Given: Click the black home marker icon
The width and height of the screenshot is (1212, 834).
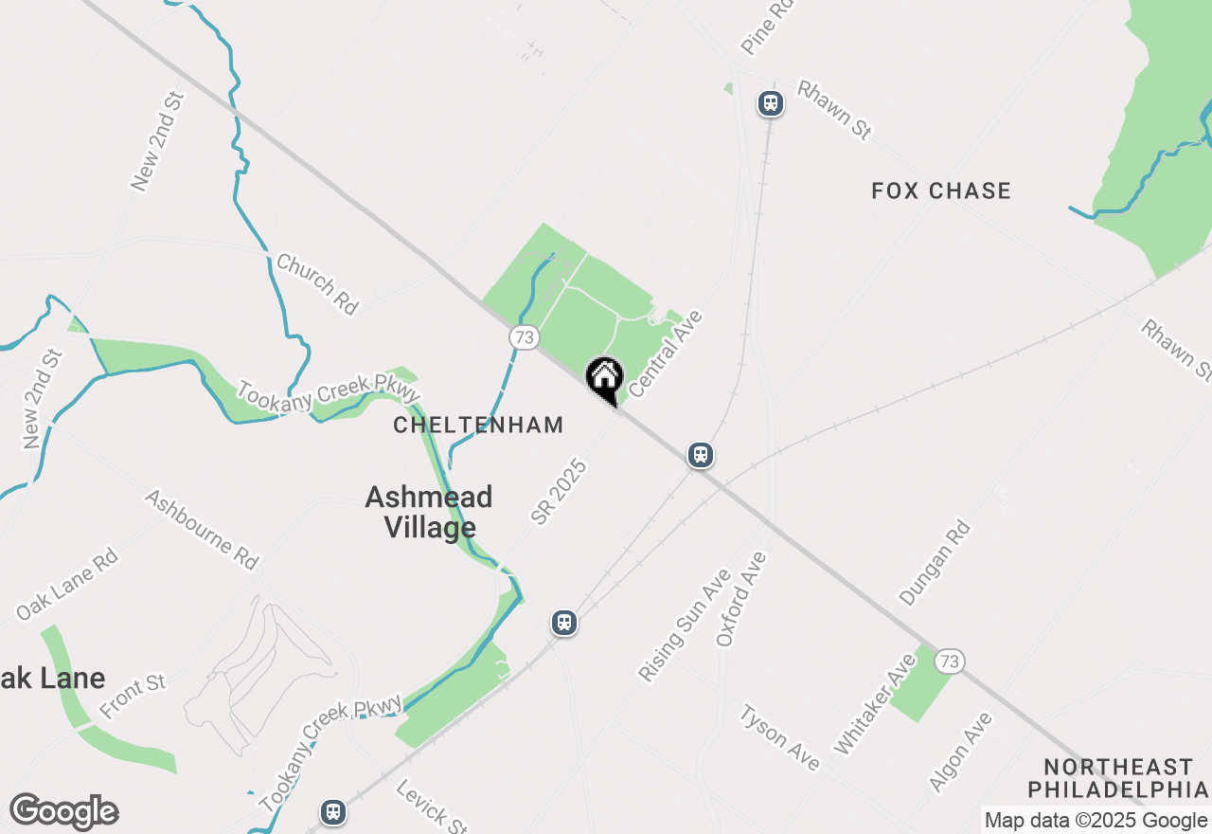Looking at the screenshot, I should [604, 378].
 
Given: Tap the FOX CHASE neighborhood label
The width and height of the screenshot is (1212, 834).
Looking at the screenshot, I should [941, 191].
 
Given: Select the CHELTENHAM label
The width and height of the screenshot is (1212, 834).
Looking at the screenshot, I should [478, 426].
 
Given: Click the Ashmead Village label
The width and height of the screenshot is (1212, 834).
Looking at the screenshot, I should [429, 512].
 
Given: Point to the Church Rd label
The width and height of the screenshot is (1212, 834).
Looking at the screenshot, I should [317, 283].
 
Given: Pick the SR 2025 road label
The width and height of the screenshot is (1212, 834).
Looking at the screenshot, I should [559, 492].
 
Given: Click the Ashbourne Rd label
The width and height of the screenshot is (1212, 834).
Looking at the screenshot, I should [202, 530].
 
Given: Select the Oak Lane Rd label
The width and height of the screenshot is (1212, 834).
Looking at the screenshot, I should [67, 585].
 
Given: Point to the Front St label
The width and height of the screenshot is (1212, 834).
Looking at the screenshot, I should [133, 697].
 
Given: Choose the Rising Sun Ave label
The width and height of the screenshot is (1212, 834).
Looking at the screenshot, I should [684, 625].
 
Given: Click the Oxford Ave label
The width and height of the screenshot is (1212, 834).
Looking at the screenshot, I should [740, 599].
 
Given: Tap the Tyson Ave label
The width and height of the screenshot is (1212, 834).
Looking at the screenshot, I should [779, 737].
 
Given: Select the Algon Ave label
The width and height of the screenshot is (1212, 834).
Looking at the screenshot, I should [960, 752].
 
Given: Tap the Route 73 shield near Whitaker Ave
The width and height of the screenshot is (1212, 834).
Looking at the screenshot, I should [949, 661].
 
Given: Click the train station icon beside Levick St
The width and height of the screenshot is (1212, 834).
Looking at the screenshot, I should [332, 812].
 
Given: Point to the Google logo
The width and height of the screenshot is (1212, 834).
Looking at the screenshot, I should [63, 812].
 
